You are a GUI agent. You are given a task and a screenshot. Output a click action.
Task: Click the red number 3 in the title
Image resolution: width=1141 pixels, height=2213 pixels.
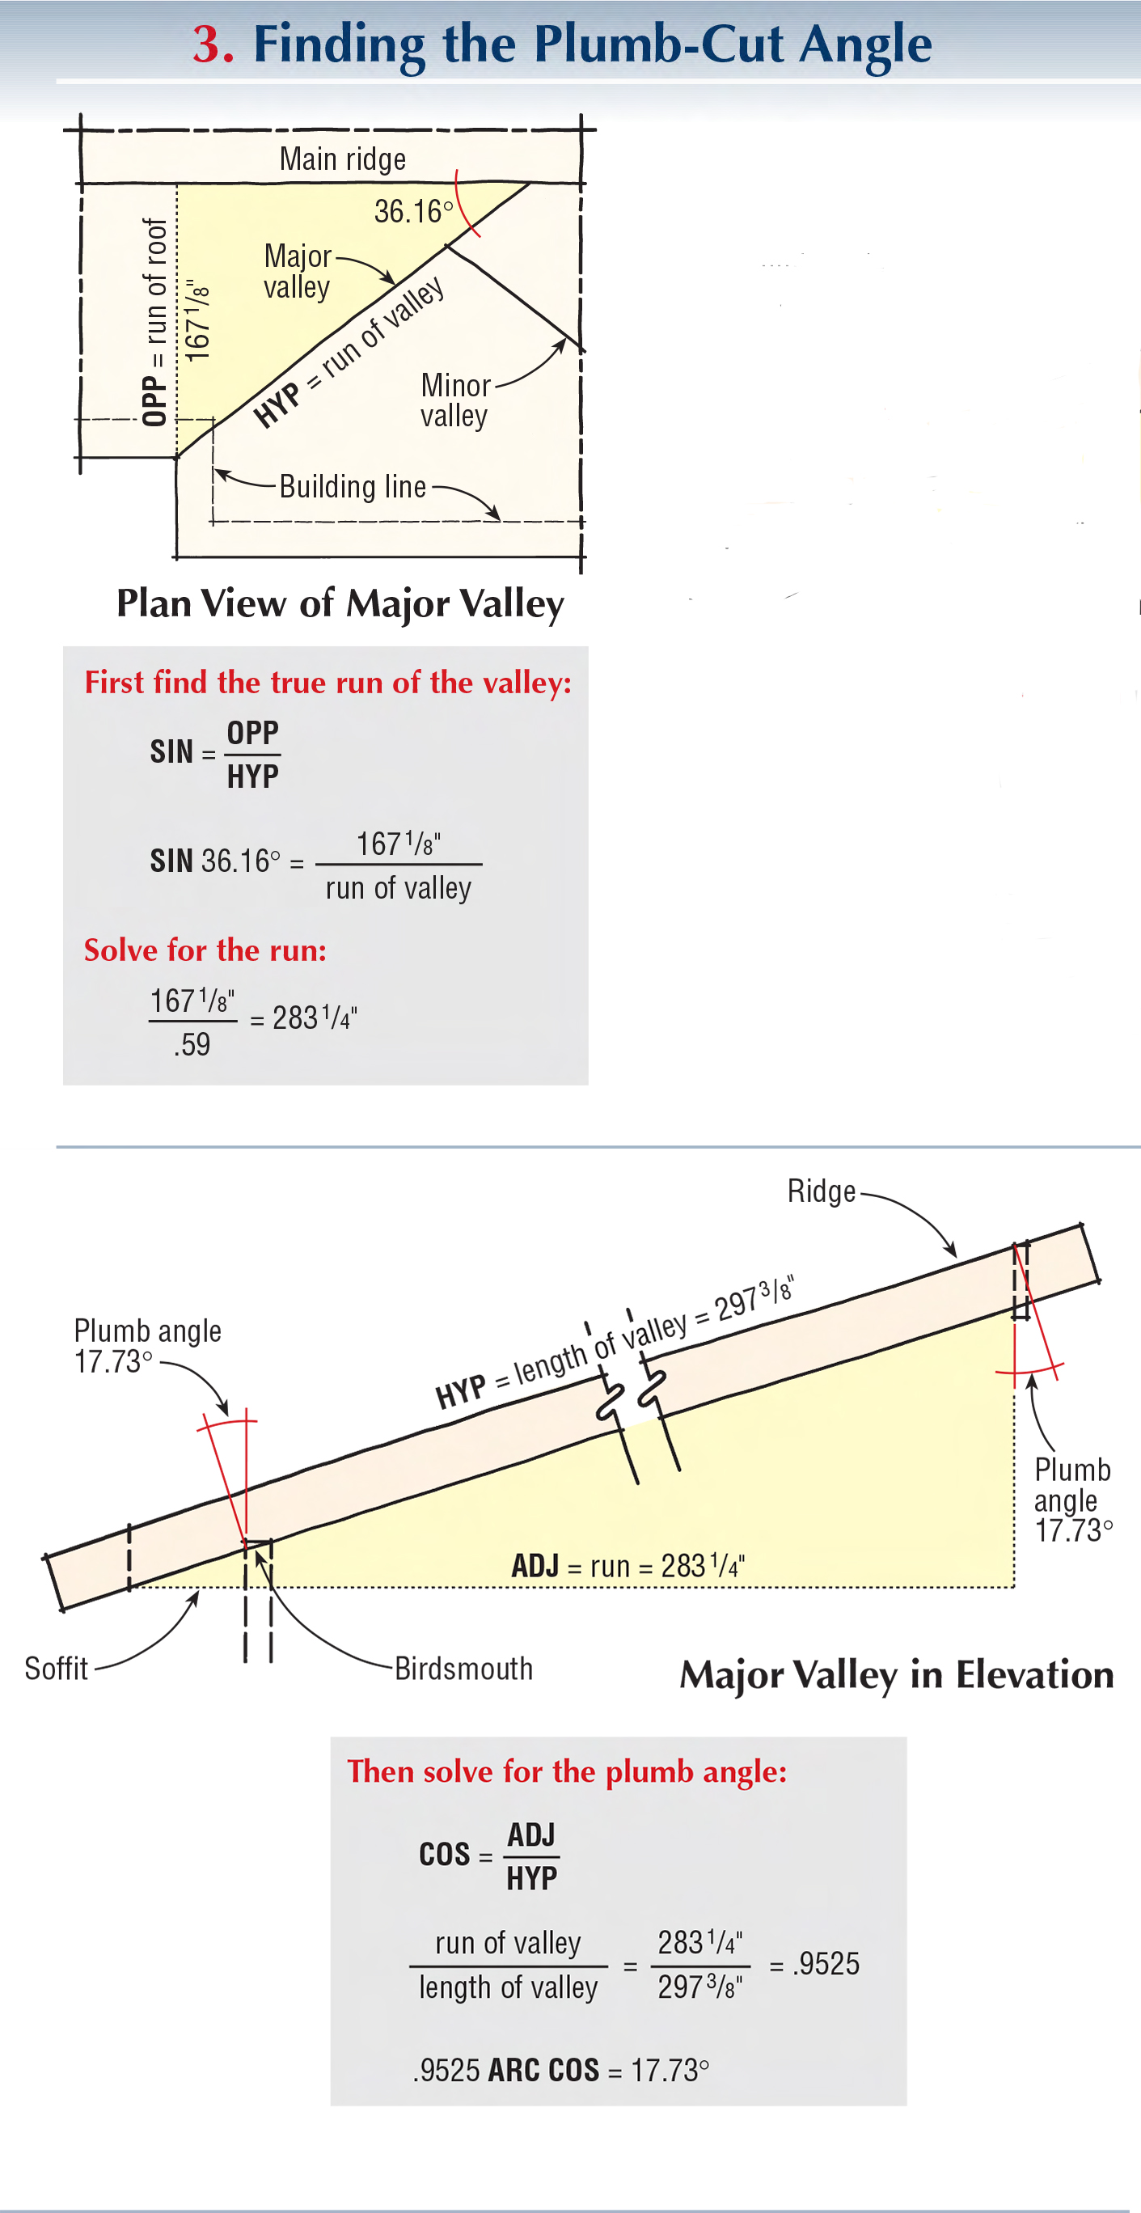click(212, 44)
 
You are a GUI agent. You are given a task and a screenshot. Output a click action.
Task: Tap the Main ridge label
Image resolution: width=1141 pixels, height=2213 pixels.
click(342, 160)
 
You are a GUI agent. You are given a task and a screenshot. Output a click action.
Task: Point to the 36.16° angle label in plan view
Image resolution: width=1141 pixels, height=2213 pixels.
click(413, 211)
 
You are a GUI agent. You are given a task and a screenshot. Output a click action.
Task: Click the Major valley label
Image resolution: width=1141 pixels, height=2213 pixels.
click(298, 272)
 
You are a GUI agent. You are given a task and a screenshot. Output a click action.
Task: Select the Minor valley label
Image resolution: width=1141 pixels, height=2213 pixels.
click(454, 400)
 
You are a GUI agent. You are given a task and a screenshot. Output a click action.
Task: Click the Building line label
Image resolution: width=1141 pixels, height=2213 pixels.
click(353, 487)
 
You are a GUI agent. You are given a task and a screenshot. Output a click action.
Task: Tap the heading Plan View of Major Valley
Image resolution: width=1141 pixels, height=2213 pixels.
click(340, 603)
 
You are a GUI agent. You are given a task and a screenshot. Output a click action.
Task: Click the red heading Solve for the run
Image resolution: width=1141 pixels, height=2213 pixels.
click(205, 950)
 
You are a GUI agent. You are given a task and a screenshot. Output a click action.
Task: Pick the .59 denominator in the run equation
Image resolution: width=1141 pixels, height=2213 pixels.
click(192, 1045)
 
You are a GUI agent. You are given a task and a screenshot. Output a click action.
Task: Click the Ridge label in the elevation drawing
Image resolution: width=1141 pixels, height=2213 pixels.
click(821, 1191)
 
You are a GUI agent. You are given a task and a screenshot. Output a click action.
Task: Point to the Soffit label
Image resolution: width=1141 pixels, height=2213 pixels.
click(56, 1669)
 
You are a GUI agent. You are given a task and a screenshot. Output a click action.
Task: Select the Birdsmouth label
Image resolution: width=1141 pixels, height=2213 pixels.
click(463, 1669)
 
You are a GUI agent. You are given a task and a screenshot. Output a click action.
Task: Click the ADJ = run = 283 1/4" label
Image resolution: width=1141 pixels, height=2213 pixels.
click(628, 1565)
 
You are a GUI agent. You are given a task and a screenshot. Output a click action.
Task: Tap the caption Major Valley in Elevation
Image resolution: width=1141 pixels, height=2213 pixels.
click(896, 1675)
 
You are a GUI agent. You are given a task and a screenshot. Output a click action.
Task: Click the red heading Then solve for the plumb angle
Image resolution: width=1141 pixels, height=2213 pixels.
click(567, 1771)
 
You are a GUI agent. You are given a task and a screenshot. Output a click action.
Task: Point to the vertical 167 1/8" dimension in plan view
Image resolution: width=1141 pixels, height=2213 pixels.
click(197, 319)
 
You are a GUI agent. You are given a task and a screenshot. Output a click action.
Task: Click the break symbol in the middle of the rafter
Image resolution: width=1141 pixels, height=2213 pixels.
click(632, 1396)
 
